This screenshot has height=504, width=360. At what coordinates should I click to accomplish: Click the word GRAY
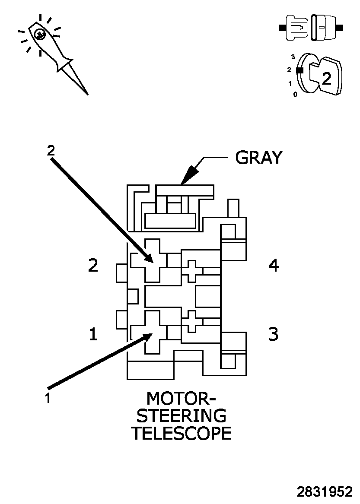click(258, 158)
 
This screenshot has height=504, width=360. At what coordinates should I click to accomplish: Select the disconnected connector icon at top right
click(311, 28)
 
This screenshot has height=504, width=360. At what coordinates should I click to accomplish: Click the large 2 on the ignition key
click(327, 78)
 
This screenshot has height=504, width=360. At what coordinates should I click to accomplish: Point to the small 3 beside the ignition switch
click(293, 57)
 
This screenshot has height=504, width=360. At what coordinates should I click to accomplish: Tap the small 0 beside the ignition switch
click(295, 94)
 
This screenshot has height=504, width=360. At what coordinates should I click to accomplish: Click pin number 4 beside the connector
click(274, 266)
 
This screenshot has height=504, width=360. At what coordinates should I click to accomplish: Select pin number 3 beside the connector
click(273, 334)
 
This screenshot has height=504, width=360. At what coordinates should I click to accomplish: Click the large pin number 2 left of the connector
click(93, 266)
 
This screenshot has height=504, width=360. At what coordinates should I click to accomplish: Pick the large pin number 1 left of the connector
click(92, 334)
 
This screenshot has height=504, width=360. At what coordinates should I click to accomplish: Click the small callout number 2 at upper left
click(51, 151)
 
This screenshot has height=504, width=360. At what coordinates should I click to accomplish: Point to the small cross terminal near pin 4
click(192, 271)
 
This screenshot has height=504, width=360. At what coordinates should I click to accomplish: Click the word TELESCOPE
click(181, 433)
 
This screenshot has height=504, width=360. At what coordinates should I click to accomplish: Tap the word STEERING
click(182, 415)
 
